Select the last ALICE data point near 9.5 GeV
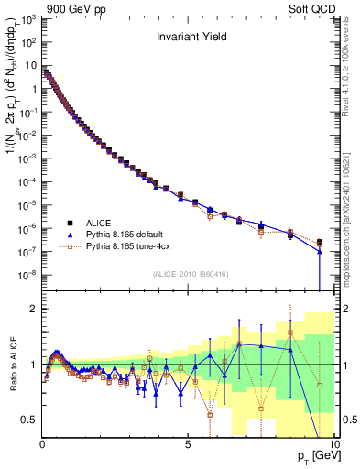click(x=320, y=243)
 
